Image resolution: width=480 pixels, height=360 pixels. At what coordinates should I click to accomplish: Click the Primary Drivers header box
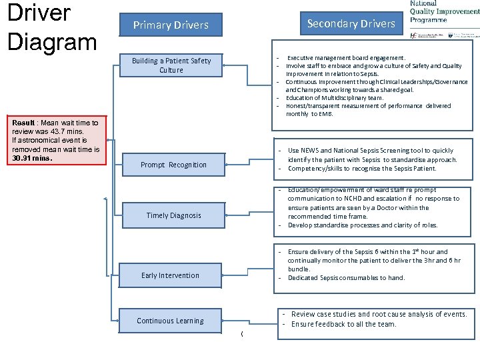tap(171, 25)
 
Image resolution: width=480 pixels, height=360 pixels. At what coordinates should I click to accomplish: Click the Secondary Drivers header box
tap(351, 24)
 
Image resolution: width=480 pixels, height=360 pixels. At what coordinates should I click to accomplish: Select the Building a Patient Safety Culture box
tap(171, 65)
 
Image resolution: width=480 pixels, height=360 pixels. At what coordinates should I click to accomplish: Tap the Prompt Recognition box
tap(173, 165)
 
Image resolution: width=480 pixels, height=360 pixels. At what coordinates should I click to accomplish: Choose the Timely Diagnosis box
tap(173, 215)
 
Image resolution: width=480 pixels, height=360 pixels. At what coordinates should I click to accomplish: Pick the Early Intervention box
tap(170, 275)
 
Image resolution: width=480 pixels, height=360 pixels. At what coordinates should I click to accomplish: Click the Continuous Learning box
tap(170, 321)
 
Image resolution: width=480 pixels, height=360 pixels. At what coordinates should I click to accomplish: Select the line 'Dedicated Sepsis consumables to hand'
tap(346, 278)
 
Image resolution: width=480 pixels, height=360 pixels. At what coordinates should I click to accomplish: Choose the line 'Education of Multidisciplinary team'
tap(335, 98)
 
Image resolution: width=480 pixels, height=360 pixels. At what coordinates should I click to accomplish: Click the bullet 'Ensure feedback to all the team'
tap(343, 325)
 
